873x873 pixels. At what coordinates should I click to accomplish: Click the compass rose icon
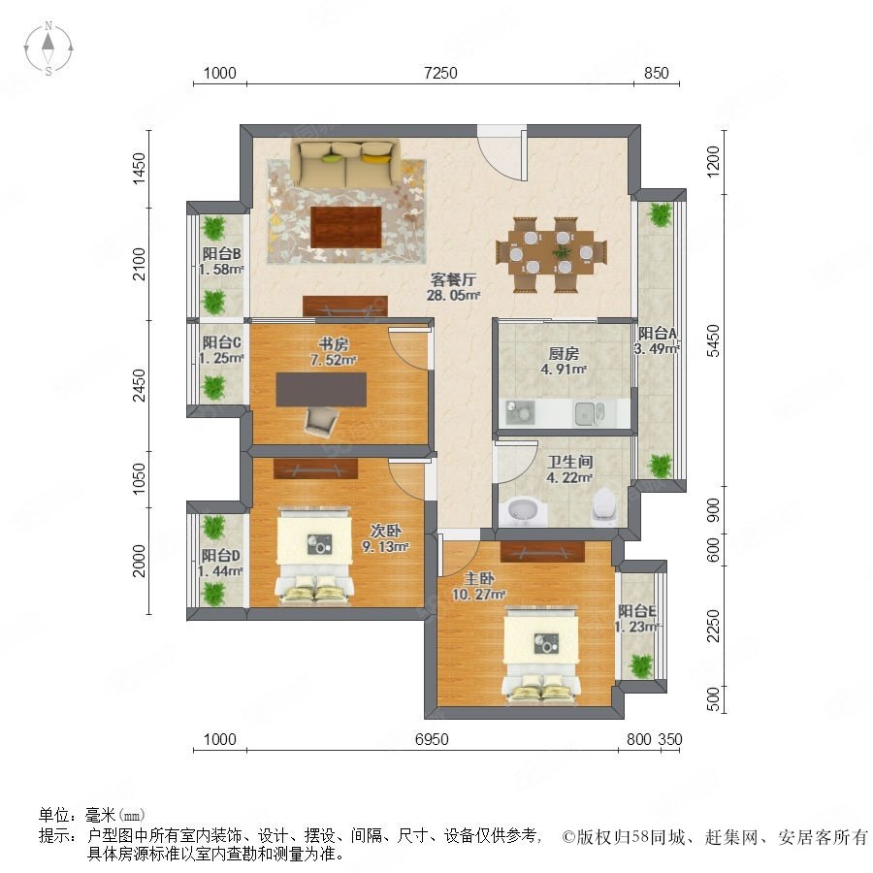(x=48, y=48)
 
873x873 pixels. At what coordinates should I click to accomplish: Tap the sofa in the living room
(x=346, y=163)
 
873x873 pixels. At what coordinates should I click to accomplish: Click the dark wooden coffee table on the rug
(x=346, y=227)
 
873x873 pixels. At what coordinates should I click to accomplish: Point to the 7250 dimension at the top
(x=440, y=73)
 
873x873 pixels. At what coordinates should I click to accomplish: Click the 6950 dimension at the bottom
(x=432, y=739)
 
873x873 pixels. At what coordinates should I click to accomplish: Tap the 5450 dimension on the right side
(x=713, y=340)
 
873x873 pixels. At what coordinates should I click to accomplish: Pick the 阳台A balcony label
(x=658, y=334)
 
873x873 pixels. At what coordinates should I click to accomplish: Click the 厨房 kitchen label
(x=564, y=353)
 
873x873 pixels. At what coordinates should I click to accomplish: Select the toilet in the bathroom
(x=604, y=506)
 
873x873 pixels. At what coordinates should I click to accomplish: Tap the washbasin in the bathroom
(x=523, y=511)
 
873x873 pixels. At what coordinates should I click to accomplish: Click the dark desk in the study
(x=321, y=390)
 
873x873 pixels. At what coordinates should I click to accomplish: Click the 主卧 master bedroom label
(x=478, y=578)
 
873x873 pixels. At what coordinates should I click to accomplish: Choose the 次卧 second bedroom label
(x=385, y=531)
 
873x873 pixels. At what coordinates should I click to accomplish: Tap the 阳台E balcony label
(x=637, y=611)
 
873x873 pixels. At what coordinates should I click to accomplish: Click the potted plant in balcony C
(x=213, y=387)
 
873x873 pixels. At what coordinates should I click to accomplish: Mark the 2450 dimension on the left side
(x=139, y=385)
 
